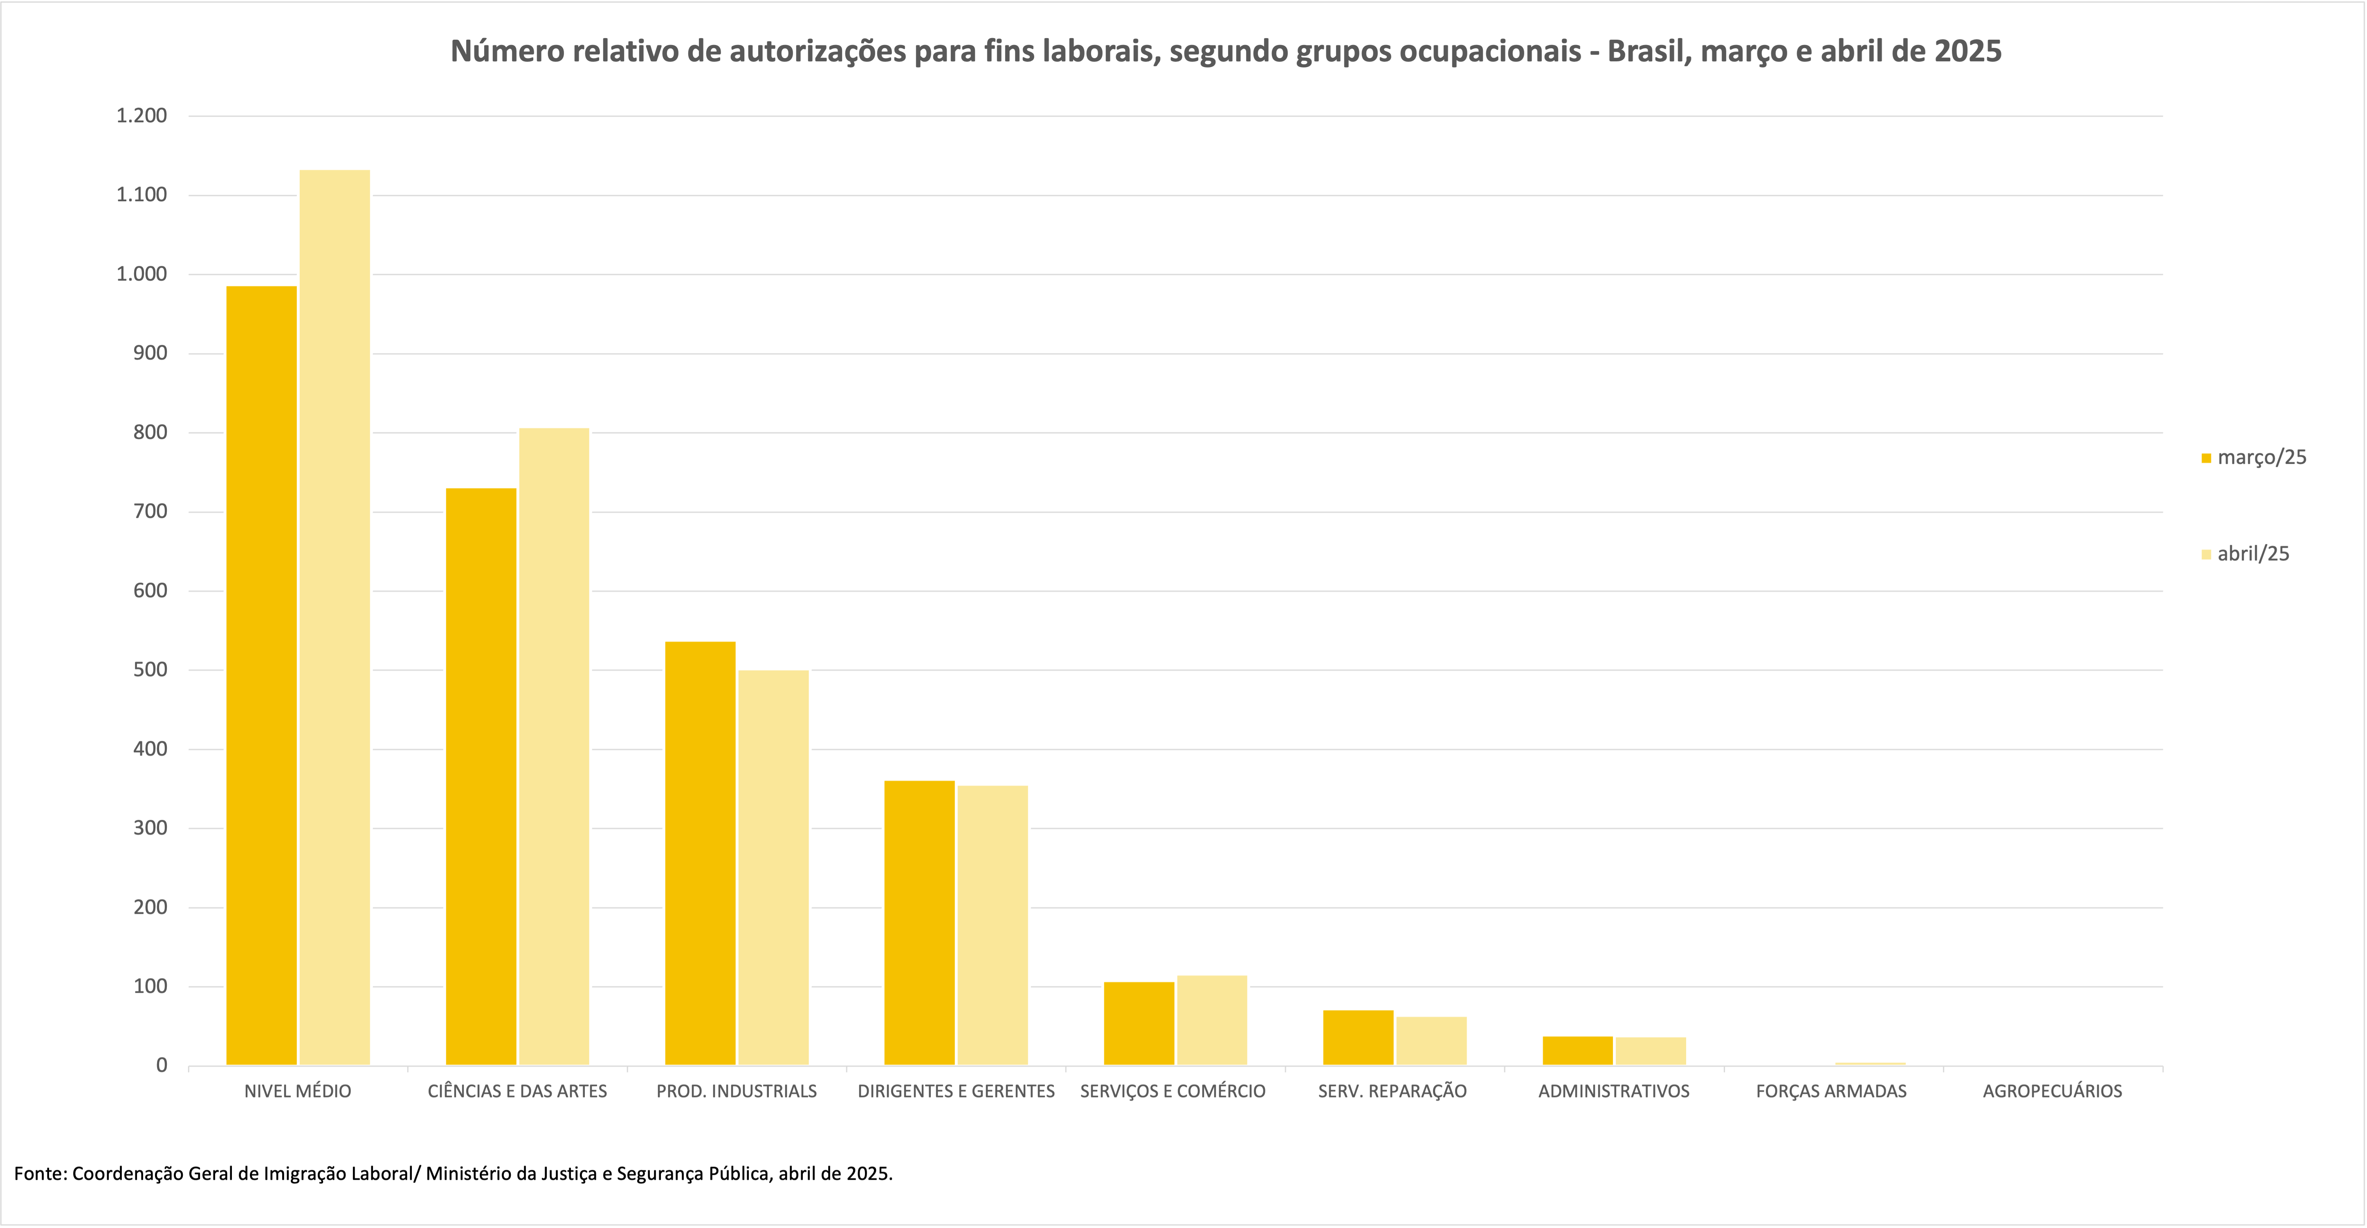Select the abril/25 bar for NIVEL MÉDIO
point(335,618)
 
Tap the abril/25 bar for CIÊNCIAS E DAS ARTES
point(554,747)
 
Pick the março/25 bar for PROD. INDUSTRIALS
point(700,853)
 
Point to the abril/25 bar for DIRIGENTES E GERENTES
point(993,924)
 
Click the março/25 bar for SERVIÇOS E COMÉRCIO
point(1139,1023)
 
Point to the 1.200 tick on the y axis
point(141,116)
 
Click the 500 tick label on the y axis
point(150,670)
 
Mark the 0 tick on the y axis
point(162,1065)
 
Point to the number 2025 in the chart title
point(1967,52)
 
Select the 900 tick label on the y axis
point(150,353)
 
